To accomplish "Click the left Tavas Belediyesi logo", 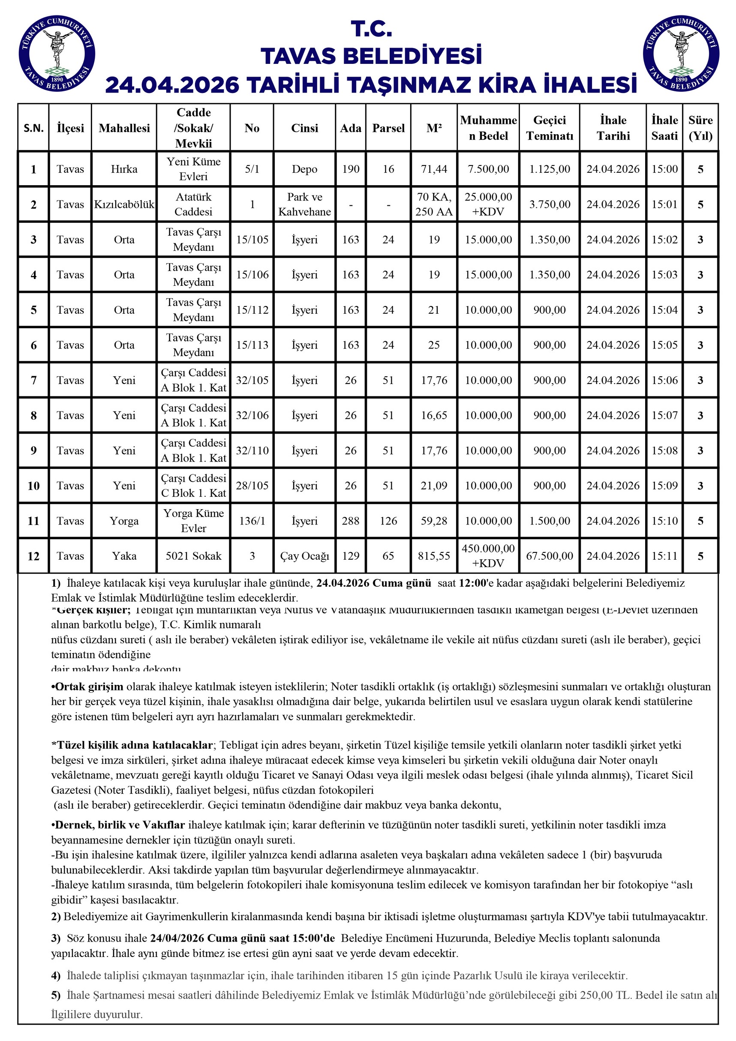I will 57,54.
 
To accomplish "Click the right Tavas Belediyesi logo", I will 681,54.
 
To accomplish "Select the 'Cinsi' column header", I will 304,128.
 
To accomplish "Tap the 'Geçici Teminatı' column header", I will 550,128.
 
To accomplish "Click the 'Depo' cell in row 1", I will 304,169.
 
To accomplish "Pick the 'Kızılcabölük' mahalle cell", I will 124,204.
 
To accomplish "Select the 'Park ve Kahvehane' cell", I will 304,204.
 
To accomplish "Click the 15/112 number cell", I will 252,310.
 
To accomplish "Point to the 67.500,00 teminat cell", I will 550,556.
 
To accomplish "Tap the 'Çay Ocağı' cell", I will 304,556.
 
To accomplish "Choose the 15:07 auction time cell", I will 664,415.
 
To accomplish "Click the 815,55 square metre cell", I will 434,556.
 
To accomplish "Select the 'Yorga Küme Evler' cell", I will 194,521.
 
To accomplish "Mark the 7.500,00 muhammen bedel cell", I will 488,169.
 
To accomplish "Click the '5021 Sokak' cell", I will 194,556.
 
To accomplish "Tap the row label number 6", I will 33,345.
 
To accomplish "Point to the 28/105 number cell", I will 252,486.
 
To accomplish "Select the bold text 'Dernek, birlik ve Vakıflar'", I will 120,825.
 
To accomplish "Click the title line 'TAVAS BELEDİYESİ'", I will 371,56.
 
